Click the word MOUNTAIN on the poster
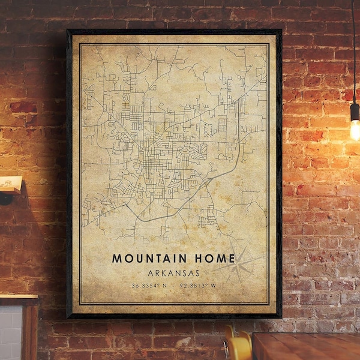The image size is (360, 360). click(149, 258)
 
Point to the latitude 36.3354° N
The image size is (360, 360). click(149, 285)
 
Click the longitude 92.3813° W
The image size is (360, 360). click(199, 285)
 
